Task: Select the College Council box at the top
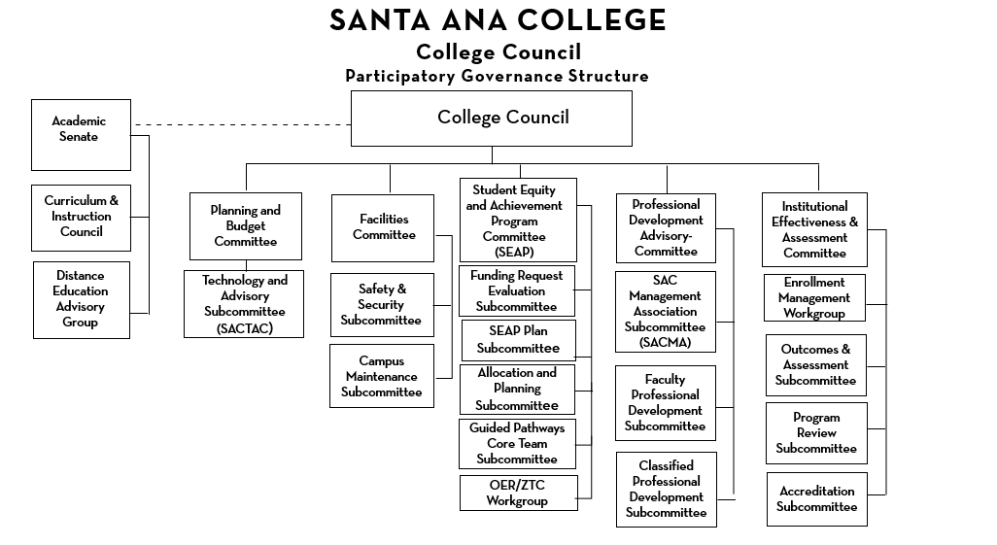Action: pos(491,118)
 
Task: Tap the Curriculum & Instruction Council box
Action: pos(81,217)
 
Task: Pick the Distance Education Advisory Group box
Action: pos(81,299)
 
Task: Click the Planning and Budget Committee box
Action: pos(245,225)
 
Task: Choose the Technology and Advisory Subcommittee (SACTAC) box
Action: pos(244,304)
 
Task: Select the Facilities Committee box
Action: pos(383,227)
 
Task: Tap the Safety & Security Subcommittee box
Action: pos(381,304)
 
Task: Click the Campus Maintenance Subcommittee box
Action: pos(381,376)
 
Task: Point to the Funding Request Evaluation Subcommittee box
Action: pos(517,290)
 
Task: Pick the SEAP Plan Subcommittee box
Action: pos(517,340)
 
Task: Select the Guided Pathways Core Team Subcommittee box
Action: pos(517,443)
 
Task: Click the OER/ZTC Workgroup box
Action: pos(518,493)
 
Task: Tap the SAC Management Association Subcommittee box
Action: pos(665,311)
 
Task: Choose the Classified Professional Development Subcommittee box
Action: pos(666,489)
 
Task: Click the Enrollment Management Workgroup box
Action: pos(814,298)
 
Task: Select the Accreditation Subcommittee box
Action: pos(816,499)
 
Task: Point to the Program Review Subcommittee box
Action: pos(816,433)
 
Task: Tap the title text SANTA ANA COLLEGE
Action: pos(498,20)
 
